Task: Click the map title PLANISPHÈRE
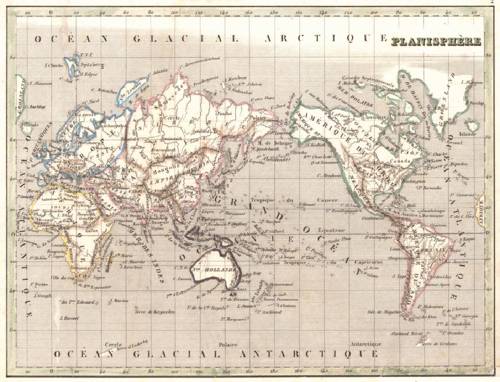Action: pyautogui.click(x=436, y=42)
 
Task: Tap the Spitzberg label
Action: pyautogui.click(x=92, y=64)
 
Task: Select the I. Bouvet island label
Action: pyautogui.click(x=69, y=318)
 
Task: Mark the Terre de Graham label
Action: pyautogui.click(x=438, y=344)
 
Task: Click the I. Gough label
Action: pyautogui.click(x=43, y=295)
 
